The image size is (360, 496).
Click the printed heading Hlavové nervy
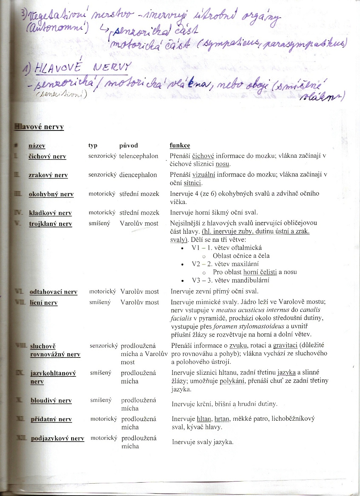(x=39, y=127)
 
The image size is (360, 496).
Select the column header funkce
(x=180, y=145)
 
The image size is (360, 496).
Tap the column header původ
(x=129, y=145)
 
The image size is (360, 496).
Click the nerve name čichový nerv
(x=47, y=156)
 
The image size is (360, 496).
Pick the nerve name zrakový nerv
(x=48, y=175)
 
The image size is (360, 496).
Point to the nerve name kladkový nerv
(x=50, y=213)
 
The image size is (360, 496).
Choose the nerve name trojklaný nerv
(x=50, y=224)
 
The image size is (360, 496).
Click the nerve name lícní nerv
(x=43, y=303)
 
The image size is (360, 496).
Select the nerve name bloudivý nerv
(x=51, y=401)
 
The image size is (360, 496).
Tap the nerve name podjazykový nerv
(x=57, y=438)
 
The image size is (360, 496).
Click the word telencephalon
(x=139, y=156)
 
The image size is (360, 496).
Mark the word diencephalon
(x=138, y=175)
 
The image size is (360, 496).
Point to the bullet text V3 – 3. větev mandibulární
(x=231, y=280)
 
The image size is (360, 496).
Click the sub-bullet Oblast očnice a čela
(x=241, y=256)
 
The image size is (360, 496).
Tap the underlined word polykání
(x=232, y=381)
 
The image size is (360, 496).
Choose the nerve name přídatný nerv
(x=51, y=419)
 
